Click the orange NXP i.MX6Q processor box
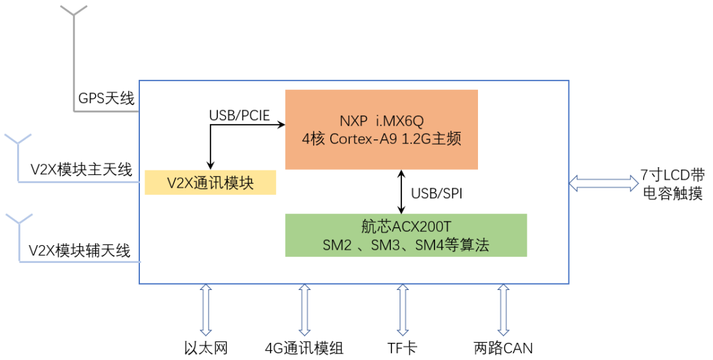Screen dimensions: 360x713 [381, 129]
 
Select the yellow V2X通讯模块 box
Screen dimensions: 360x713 [210, 183]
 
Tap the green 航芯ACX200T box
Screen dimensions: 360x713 [405, 234]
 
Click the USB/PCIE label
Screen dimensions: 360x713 [239, 115]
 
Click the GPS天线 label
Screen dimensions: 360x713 [106, 99]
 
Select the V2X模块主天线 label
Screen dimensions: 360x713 [81, 169]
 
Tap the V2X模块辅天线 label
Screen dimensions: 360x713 [80, 250]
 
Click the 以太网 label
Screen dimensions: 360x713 [205, 347]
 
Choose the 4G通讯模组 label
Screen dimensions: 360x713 [304, 347]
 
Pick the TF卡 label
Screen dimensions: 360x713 [401, 347]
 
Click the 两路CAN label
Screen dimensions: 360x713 [503, 347]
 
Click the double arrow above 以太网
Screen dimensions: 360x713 [205, 309]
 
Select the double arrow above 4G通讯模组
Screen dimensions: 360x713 [304, 309]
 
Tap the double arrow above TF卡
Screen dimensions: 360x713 [401, 309]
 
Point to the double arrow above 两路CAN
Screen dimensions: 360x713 [503, 309]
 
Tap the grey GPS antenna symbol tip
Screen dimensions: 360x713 [73, 10]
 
